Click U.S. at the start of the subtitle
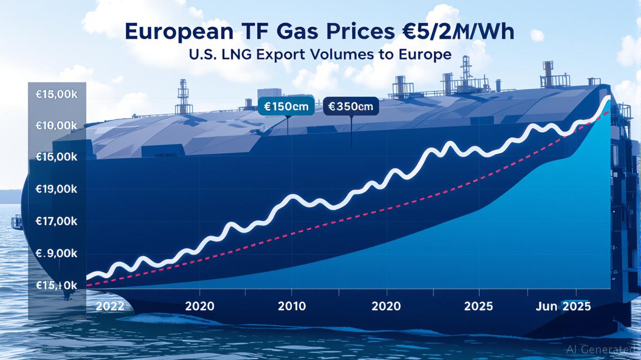pyautogui.click(x=202, y=55)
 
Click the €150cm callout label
pyautogui.click(x=286, y=106)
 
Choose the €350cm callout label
pyautogui.click(x=351, y=106)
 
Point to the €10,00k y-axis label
pyautogui.click(x=56, y=126)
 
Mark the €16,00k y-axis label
pyautogui.click(x=56, y=157)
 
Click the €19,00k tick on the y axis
pyautogui.click(x=56, y=189)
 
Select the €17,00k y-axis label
pyautogui.click(x=56, y=221)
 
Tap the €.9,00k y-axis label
pyautogui.click(x=56, y=254)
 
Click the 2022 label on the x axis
pyautogui.click(x=110, y=307)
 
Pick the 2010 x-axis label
pyautogui.click(x=291, y=307)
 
